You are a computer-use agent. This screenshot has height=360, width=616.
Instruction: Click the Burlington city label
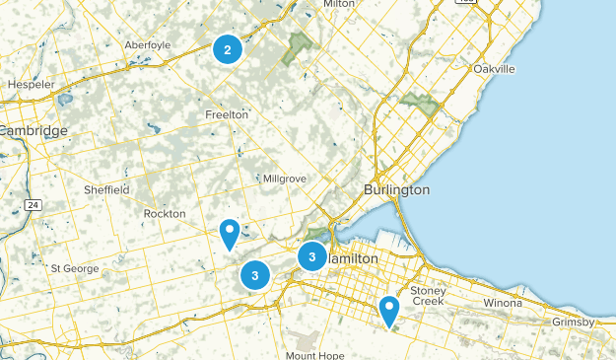(396, 188)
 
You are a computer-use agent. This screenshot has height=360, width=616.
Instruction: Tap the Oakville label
(494, 69)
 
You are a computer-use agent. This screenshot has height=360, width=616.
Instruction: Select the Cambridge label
(34, 131)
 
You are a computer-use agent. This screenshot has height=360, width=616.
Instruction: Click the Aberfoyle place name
(148, 44)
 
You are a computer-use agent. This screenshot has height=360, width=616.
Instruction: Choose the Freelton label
(226, 114)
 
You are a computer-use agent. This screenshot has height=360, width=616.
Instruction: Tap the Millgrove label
(285, 179)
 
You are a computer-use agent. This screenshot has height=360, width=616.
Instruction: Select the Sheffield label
(106, 189)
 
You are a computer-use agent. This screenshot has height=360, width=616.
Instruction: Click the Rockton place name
(164, 213)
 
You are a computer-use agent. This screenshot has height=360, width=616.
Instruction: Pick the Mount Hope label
(314, 354)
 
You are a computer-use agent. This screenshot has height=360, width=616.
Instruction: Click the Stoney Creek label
(429, 296)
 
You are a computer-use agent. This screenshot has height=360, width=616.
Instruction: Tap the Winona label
(503, 302)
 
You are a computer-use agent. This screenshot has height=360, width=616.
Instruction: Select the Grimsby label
(573, 323)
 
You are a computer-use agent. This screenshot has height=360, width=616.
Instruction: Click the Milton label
(338, 4)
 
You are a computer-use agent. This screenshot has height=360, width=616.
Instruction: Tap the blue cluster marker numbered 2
(228, 48)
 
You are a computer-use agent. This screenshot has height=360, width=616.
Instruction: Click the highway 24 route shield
(34, 204)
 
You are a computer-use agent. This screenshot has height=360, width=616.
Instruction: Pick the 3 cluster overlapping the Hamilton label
(312, 256)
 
